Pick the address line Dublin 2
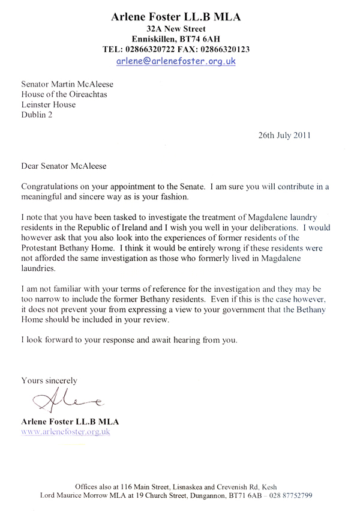click(37, 115)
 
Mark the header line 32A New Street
click(176, 28)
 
